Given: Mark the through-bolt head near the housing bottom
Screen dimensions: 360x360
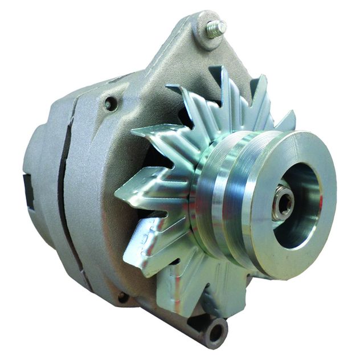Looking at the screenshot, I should [122, 297].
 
